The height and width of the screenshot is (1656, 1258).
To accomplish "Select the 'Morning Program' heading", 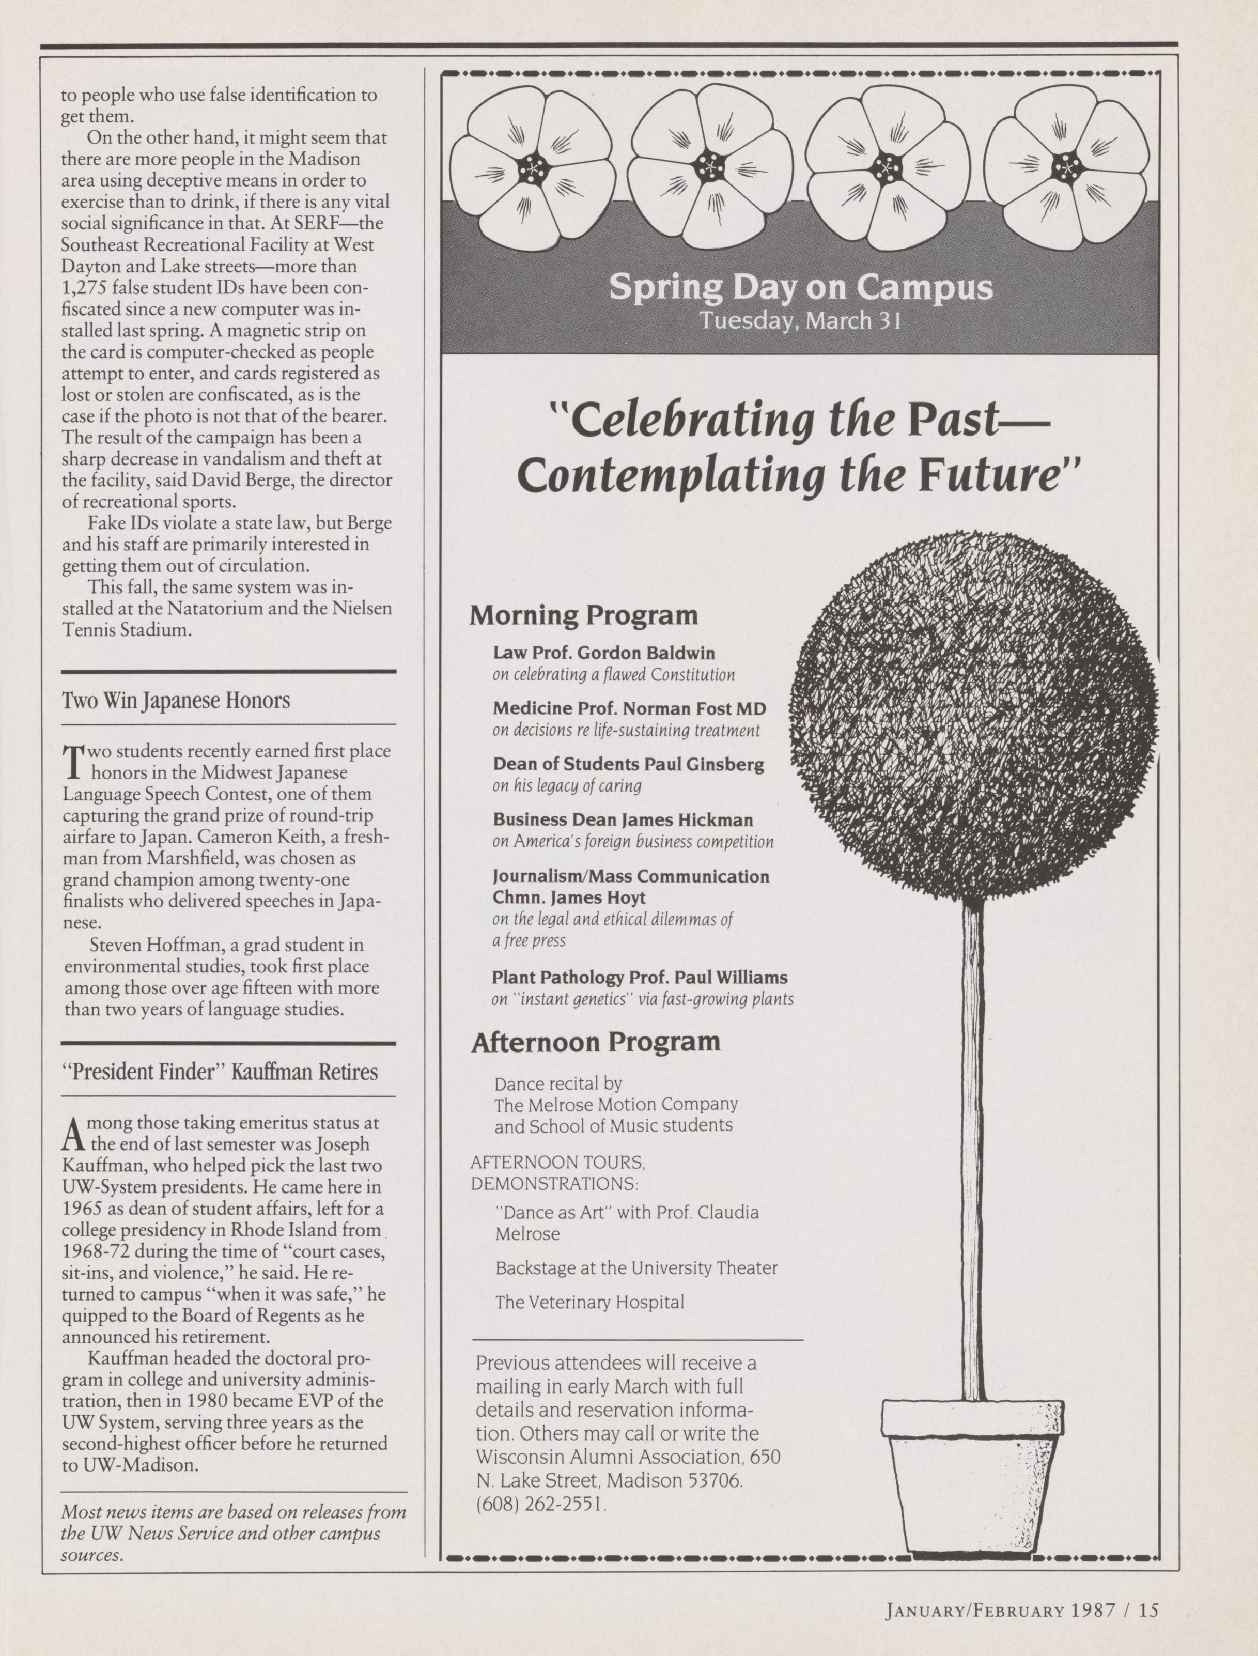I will click(583, 616).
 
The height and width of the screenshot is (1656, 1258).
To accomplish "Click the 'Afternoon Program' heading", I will click(595, 1042).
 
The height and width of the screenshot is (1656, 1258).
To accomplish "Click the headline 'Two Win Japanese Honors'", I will click(176, 701).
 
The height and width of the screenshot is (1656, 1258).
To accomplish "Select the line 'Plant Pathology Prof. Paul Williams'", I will click(640, 978).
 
